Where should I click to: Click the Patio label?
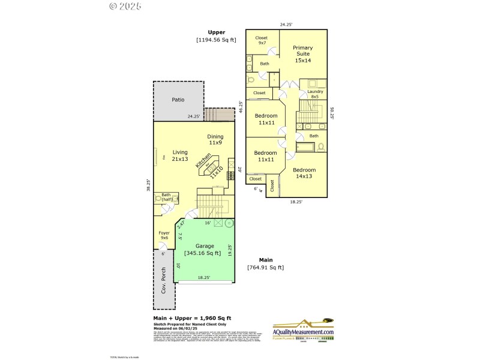178,100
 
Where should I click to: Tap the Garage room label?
208,246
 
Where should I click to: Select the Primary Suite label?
302,53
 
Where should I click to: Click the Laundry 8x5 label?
316,94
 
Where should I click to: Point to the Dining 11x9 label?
215,139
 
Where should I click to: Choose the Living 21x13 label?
180,155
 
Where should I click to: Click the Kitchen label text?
202,160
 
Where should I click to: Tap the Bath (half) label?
166,197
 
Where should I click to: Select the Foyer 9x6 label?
164,235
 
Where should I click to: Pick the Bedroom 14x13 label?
304,173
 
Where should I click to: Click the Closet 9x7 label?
261,40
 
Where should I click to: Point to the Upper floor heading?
217,32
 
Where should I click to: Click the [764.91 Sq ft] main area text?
265,267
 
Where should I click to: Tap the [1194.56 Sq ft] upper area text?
216,40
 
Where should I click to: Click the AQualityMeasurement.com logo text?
303,332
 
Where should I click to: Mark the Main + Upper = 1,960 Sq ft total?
192,317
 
